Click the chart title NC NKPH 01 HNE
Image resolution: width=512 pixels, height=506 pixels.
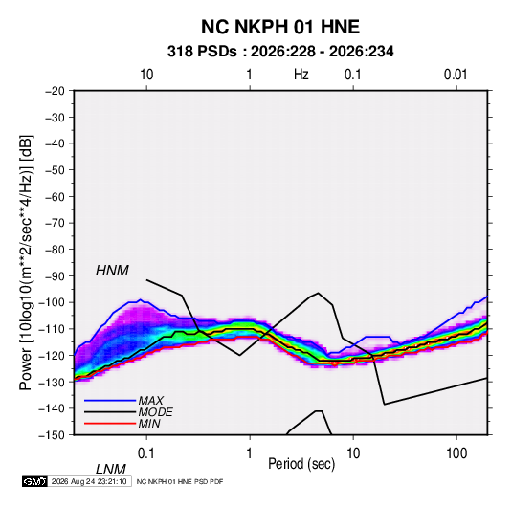coord(280,27)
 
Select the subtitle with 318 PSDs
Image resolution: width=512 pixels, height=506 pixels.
coord(280,52)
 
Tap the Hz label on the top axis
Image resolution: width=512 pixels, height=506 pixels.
coord(301,75)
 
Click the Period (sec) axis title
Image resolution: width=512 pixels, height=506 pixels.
coord(301,463)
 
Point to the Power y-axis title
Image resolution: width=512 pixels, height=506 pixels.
coord(26,263)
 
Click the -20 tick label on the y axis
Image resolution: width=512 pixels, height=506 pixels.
coord(55,91)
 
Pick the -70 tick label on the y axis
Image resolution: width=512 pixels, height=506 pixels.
coord(55,223)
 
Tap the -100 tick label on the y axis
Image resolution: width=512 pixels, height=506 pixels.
coord(52,302)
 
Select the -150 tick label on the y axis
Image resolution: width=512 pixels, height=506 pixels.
coord(52,435)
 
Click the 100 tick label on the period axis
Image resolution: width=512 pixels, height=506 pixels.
coord(456,453)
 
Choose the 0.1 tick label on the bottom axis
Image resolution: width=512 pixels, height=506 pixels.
coord(146,453)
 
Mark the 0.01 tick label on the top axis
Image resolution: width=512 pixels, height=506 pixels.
coord(456,75)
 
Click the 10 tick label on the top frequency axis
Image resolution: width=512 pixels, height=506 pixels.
coord(146,75)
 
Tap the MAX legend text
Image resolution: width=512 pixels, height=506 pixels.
coord(150,401)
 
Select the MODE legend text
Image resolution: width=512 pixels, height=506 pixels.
coord(155,412)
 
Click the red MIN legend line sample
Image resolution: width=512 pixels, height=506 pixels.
coord(110,424)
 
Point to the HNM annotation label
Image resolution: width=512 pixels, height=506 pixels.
coord(112,271)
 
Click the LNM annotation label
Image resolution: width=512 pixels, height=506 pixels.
coord(110,470)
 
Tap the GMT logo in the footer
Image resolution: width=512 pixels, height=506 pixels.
coord(35,481)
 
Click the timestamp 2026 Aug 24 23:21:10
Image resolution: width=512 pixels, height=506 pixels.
coord(89,481)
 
